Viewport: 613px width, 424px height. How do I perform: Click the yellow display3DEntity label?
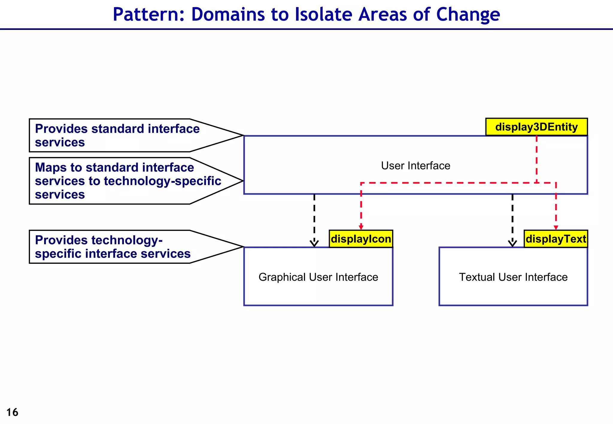536,127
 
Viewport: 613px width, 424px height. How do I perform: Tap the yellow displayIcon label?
361,239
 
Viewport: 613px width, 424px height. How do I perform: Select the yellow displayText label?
556,239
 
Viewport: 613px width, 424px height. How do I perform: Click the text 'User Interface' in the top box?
415,166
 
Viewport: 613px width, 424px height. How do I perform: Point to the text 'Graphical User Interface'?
318,277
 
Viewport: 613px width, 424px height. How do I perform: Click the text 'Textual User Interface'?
513,277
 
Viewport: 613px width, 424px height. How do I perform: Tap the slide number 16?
12,412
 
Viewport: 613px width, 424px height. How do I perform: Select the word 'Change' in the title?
468,14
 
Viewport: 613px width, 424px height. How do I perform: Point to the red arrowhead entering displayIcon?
361,228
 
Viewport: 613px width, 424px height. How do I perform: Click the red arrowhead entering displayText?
556,228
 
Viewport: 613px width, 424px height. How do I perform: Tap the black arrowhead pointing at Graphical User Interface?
314,243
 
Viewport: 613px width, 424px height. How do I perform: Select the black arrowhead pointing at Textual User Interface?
512,243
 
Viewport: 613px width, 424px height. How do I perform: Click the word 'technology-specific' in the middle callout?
162,181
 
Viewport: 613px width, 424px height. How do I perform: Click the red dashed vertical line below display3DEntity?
536,158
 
